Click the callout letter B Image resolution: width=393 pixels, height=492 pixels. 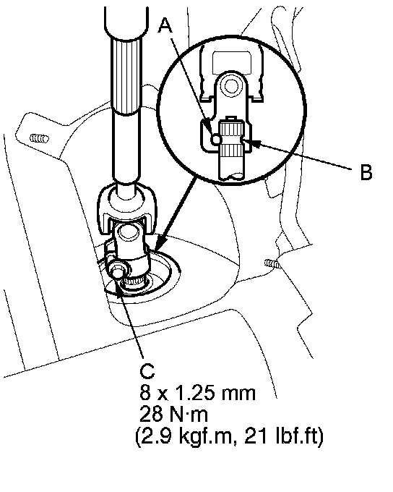pos(366,172)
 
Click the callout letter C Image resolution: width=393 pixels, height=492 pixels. pos(147,370)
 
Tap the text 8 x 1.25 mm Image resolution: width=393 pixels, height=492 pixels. pos(197,393)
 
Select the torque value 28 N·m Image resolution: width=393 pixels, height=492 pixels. pos(173,415)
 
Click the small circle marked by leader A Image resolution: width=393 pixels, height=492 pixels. pos(216,138)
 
